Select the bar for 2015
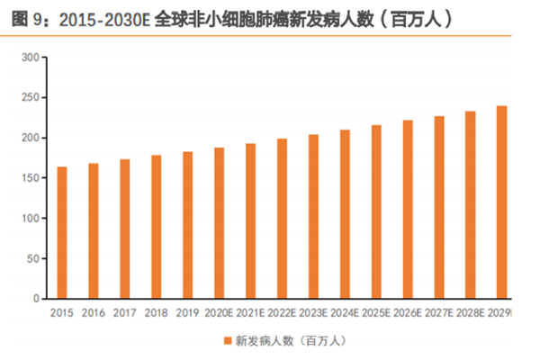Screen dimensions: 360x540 [62, 232]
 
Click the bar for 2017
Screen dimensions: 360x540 [124, 229]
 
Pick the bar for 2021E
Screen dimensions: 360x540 [250, 220]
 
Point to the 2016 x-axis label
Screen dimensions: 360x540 [93, 313]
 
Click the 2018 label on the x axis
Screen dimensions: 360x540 [156, 313]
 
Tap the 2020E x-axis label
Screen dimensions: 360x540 [220, 313]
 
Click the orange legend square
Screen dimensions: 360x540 [226, 341]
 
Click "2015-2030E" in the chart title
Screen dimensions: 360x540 [96, 18]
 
